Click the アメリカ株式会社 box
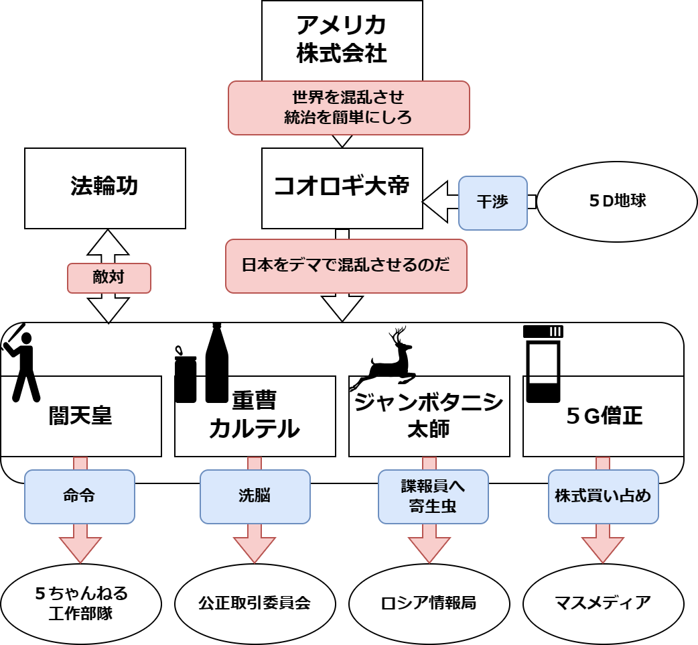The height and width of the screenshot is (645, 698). click(342, 39)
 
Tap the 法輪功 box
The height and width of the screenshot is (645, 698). click(104, 188)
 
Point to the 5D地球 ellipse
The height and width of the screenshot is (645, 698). click(617, 201)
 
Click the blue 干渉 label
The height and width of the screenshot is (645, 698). click(492, 202)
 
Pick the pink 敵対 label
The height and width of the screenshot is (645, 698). click(109, 278)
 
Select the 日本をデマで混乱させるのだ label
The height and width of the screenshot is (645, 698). click(346, 266)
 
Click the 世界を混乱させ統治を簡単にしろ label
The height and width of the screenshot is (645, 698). click(348, 107)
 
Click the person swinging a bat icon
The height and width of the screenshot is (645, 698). click(22, 362)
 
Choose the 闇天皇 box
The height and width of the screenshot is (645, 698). click(80, 417)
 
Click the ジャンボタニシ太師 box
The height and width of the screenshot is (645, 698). click(429, 416)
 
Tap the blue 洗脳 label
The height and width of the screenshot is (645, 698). click(255, 496)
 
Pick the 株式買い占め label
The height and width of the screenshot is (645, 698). click(603, 496)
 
